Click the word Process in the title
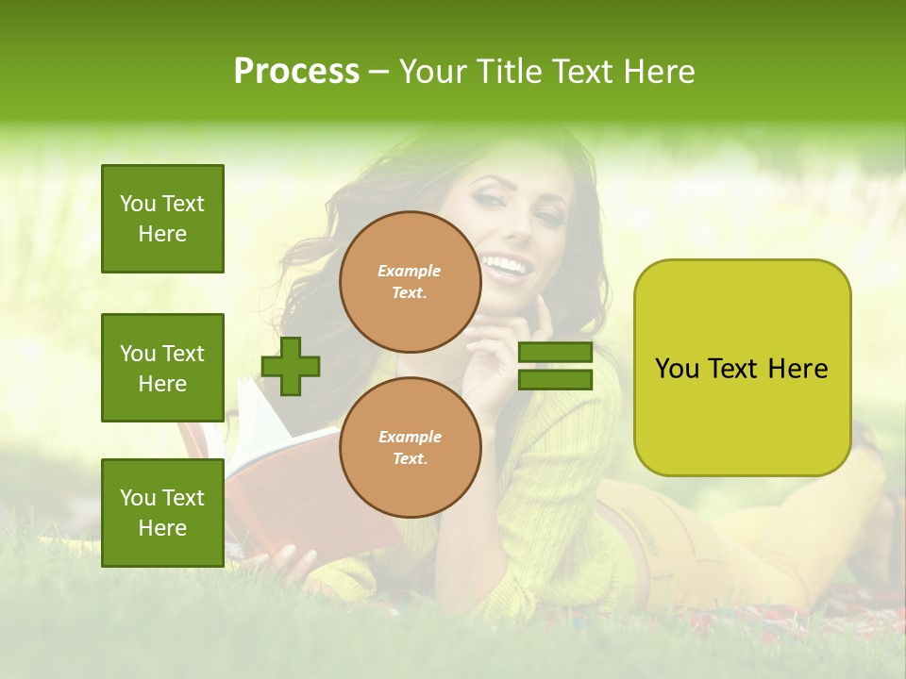(296, 72)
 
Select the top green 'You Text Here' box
(162, 219)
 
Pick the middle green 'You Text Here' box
(162, 368)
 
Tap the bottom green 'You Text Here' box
(162, 512)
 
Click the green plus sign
(291, 366)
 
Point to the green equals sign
(556, 366)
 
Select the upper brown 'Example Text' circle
(410, 282)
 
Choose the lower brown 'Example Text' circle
(410, 448)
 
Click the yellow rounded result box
(742, 368)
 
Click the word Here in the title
(658, 72)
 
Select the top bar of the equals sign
(556, 353)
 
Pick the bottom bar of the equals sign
(556, 379)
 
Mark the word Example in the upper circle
(410, 271)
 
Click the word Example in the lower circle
(410, 437)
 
